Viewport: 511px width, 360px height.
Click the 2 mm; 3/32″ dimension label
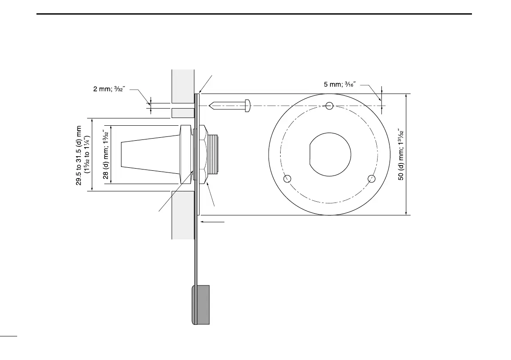pyautogui.click(x=109, y=89)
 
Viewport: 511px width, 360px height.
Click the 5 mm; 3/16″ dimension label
pyautogui.click(x=340, y=84)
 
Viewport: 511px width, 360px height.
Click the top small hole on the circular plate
pyautogui.click(x=330, y=106)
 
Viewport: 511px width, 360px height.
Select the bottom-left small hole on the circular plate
pyautogui.click(x=287, y=178)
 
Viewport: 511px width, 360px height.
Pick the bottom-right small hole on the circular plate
pyautogui.click(x=372, y=178)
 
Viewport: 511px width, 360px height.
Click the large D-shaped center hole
pyautogui.click(x=330, y=154)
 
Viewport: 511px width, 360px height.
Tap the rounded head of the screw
pyautogui.click(x=247, y=106)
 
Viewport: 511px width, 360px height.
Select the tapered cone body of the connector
pyautogui.click(x=150, y=154)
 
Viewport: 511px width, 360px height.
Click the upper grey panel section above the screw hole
pyautogui.click(x=183, y=86)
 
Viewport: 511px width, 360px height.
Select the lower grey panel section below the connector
pyautogui.click(x=183, y=215)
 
